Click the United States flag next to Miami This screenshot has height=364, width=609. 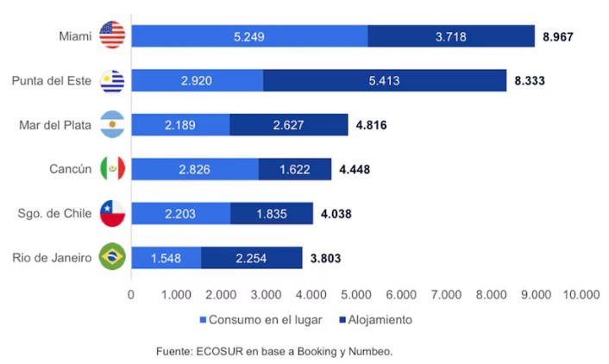(x=112, y=35)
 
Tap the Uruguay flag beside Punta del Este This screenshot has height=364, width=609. (x=112, y=80)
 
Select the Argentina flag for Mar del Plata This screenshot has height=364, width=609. (x=112, y=124)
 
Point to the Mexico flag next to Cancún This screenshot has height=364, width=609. (x=112, y=168)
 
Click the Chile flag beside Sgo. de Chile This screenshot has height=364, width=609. (x=112, y=212)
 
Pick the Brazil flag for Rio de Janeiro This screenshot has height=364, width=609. (x=112, y=256)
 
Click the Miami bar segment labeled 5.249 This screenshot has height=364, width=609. (x=250, y=36)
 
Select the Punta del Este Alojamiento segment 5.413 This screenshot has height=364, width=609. (x=385, y=80)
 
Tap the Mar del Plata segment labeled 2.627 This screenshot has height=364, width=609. (x=289, y=124)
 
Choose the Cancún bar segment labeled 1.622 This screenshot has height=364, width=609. (x=294, y=168)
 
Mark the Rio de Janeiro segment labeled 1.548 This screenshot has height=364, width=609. (x=166, y=256)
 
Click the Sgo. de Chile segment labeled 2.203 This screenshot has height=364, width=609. (x=181, y=212)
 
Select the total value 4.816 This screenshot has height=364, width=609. (x=371, y=125)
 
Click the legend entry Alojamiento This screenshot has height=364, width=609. (x=377, y=320)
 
